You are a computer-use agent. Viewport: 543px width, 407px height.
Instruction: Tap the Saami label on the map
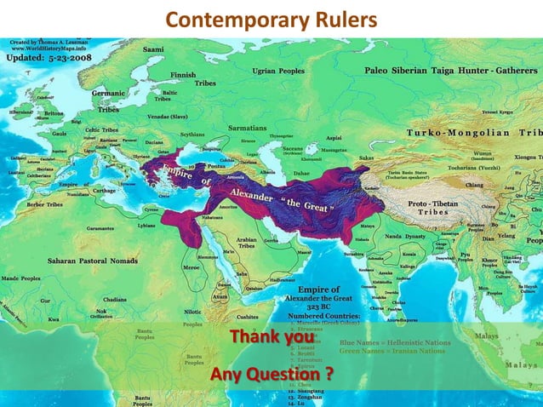[153, 50]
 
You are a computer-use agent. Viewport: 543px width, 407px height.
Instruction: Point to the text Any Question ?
[271, 375]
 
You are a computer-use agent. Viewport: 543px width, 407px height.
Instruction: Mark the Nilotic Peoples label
[193, 318]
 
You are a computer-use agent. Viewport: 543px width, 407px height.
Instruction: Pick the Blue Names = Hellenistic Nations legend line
[395, 341]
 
